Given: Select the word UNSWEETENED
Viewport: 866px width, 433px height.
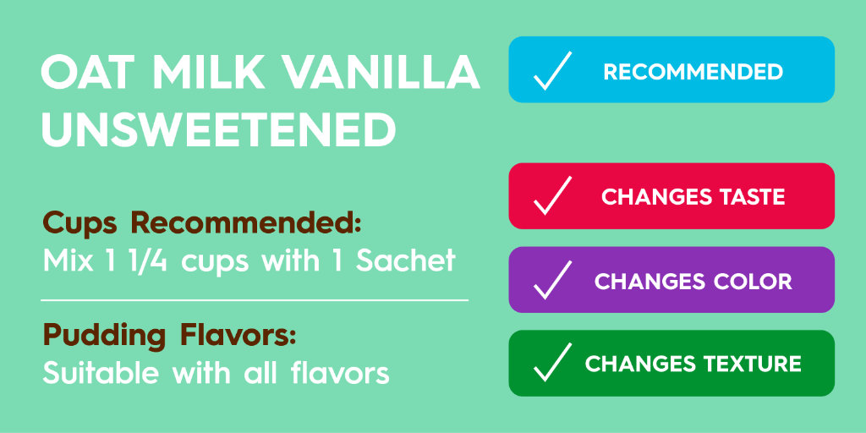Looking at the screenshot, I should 219,129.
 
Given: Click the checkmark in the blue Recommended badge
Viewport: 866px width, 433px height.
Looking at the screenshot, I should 552,70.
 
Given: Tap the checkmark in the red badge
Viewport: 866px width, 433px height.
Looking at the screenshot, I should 552,196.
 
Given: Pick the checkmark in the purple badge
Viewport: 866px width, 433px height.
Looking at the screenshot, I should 552,280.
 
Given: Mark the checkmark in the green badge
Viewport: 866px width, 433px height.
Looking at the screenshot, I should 552,363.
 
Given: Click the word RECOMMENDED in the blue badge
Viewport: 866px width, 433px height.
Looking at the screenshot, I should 693,71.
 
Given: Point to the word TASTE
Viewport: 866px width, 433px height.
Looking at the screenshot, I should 748,197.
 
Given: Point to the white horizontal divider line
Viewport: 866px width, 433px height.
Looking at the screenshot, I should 254,299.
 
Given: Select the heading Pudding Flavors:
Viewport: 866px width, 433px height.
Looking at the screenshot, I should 169,335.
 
